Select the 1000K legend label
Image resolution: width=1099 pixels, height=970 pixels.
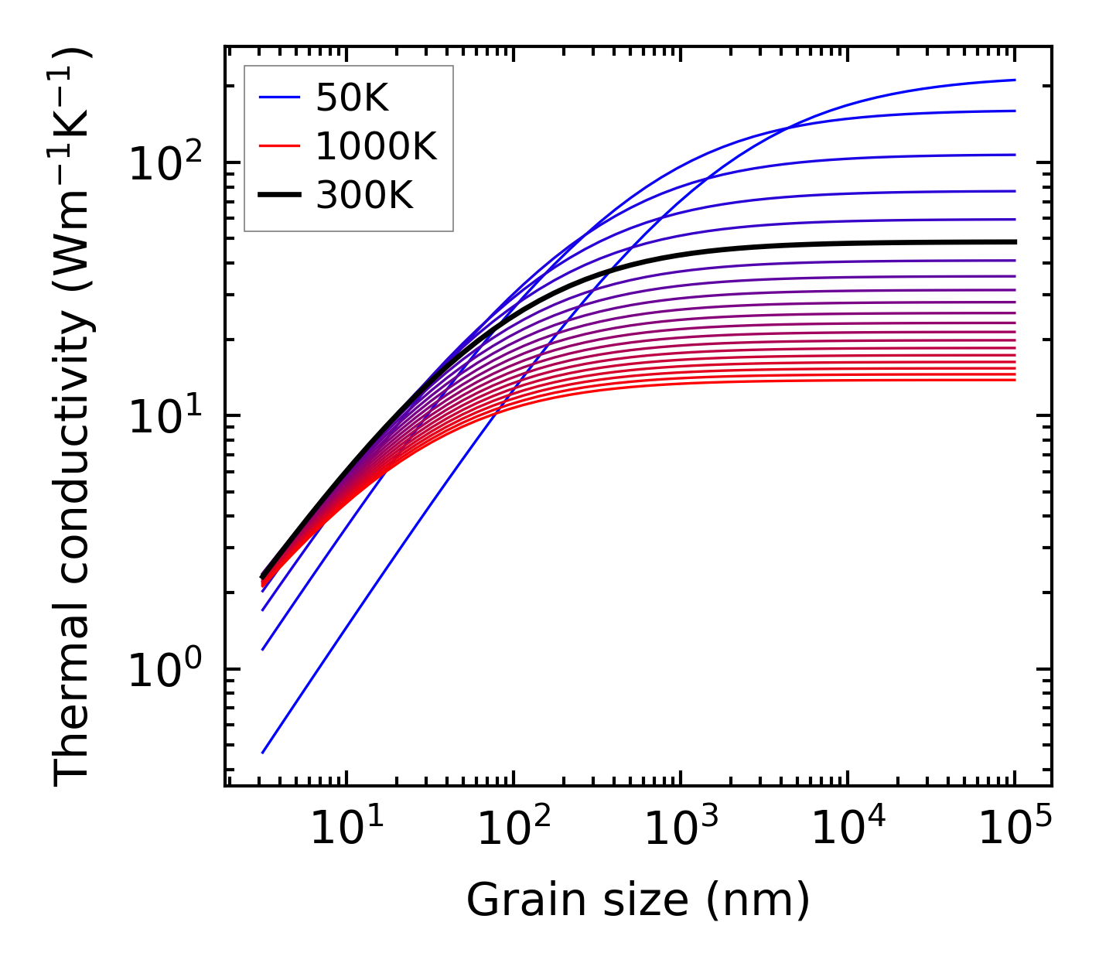[x=376, y=146]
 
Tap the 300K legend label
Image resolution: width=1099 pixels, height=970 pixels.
[x=364, y=196]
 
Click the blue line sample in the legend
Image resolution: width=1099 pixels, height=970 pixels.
[x=278, y=97]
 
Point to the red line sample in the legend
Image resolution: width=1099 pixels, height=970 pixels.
[x=278, y=146]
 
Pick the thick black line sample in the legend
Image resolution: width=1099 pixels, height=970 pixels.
[x=278, y=196]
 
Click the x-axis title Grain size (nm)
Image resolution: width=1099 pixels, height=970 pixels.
[x=638, y=900]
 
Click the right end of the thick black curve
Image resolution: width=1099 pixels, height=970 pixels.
[x=1015, y=241]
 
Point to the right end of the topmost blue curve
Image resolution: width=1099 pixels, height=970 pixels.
[x=1015, y=80]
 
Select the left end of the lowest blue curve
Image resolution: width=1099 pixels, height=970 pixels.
[x=263, y=752]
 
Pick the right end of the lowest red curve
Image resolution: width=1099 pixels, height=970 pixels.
[x=1015, y=379]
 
